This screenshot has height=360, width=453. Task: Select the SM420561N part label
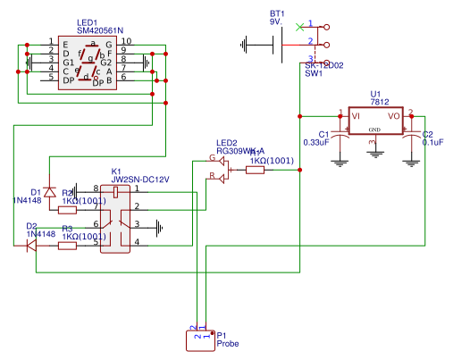click(101, 29)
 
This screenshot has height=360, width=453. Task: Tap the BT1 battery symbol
click(277, 41)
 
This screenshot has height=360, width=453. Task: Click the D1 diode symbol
click(50, 192)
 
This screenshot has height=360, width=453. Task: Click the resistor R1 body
click(255, 170)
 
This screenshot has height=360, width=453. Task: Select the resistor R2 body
click(68, 211)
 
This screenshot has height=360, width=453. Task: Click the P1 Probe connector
click(200, 337)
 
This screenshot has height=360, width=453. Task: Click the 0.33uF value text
click(316, 143)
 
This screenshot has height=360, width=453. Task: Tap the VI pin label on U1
click(356, 115)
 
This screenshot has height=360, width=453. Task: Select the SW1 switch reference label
click(314, 74)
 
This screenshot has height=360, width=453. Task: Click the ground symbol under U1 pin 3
click(375, 153)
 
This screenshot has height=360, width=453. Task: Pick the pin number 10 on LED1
click(127, 41)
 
